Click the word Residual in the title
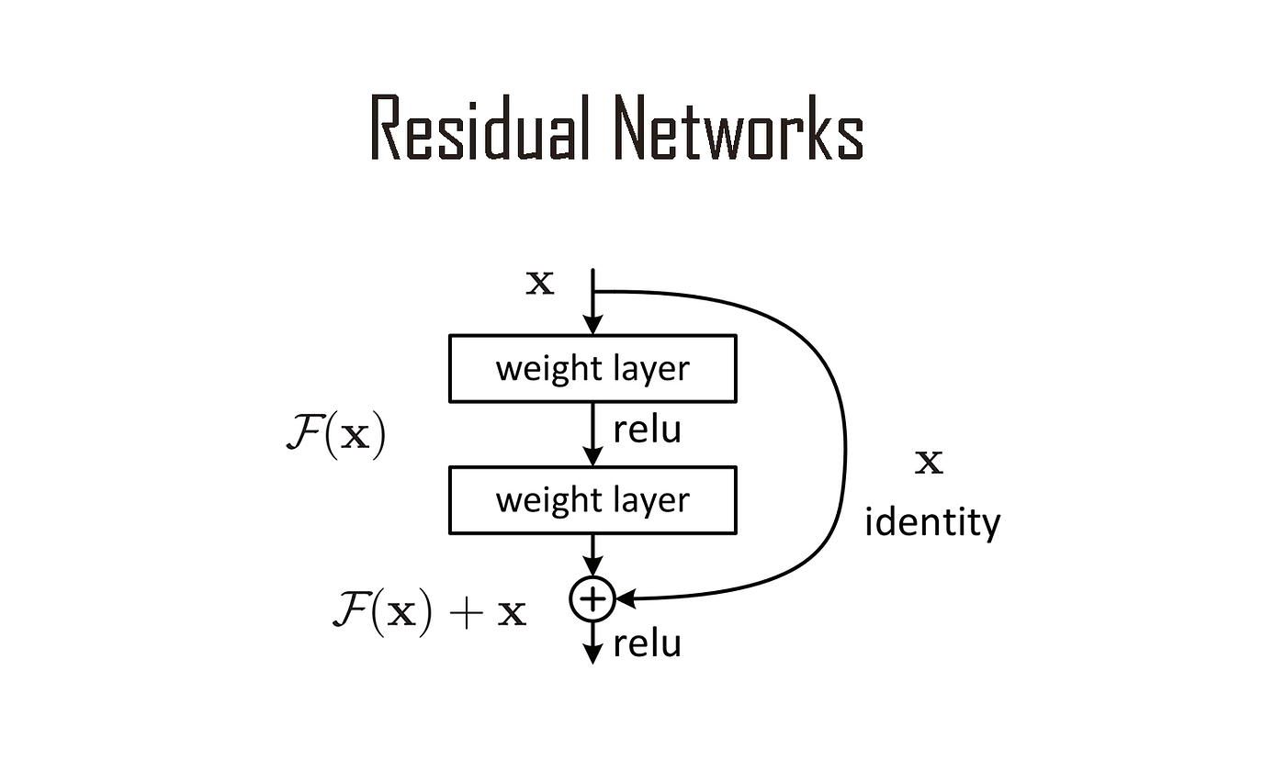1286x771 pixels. pyautogui.click(x=479, y=128)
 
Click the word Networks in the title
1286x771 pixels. pyautogui.click(x=739, y=128)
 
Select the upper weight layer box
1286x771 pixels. pyautogui.click(x=592, y=368)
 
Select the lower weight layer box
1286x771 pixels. pyautogui.click(x=592, y=500)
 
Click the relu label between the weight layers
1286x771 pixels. pyautogui.click(x=647, y=430)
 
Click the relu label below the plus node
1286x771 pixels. pyautogui.click(x=647, y=643)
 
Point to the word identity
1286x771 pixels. pyautogui.click(x=932, y=522)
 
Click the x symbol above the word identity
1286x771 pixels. pyautogui.click(x=929, y=463)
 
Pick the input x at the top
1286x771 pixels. pyautogui.click(x=540, y=284)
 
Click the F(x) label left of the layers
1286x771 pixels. pyautogui.click(x=336, y=437)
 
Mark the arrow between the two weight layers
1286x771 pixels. pyautogui.click(x=593, y=433)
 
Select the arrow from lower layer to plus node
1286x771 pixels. pyautogui.click(x=593, y=555)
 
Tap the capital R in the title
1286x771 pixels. pyautogui.click(x=387, y=128)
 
